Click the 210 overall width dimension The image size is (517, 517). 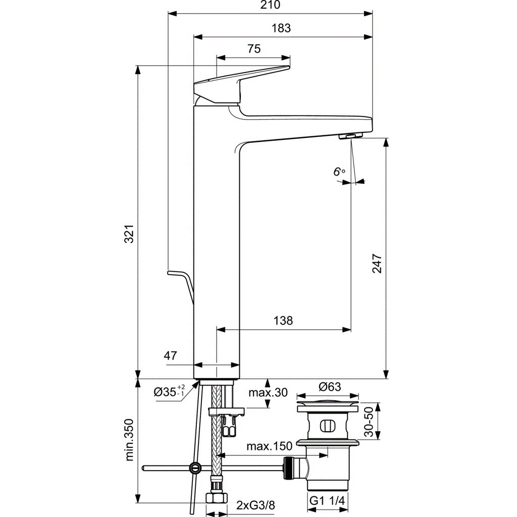(x=270, y=6)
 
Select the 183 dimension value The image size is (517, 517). (x=282, y=28)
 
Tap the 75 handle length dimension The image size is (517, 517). (x=253, y=49)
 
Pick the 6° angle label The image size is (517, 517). (x=339, y=172)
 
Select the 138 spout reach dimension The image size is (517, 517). (x=283, y=321)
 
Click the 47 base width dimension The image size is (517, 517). (x=170, y=355)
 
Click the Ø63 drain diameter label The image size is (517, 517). (x=330, y=387)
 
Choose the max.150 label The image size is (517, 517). (x=269, y=446)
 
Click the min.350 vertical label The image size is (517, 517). (x=129, y=440)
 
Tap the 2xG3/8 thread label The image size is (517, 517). (x=255, y=505)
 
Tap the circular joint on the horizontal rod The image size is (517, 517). (x=194, y=468)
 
